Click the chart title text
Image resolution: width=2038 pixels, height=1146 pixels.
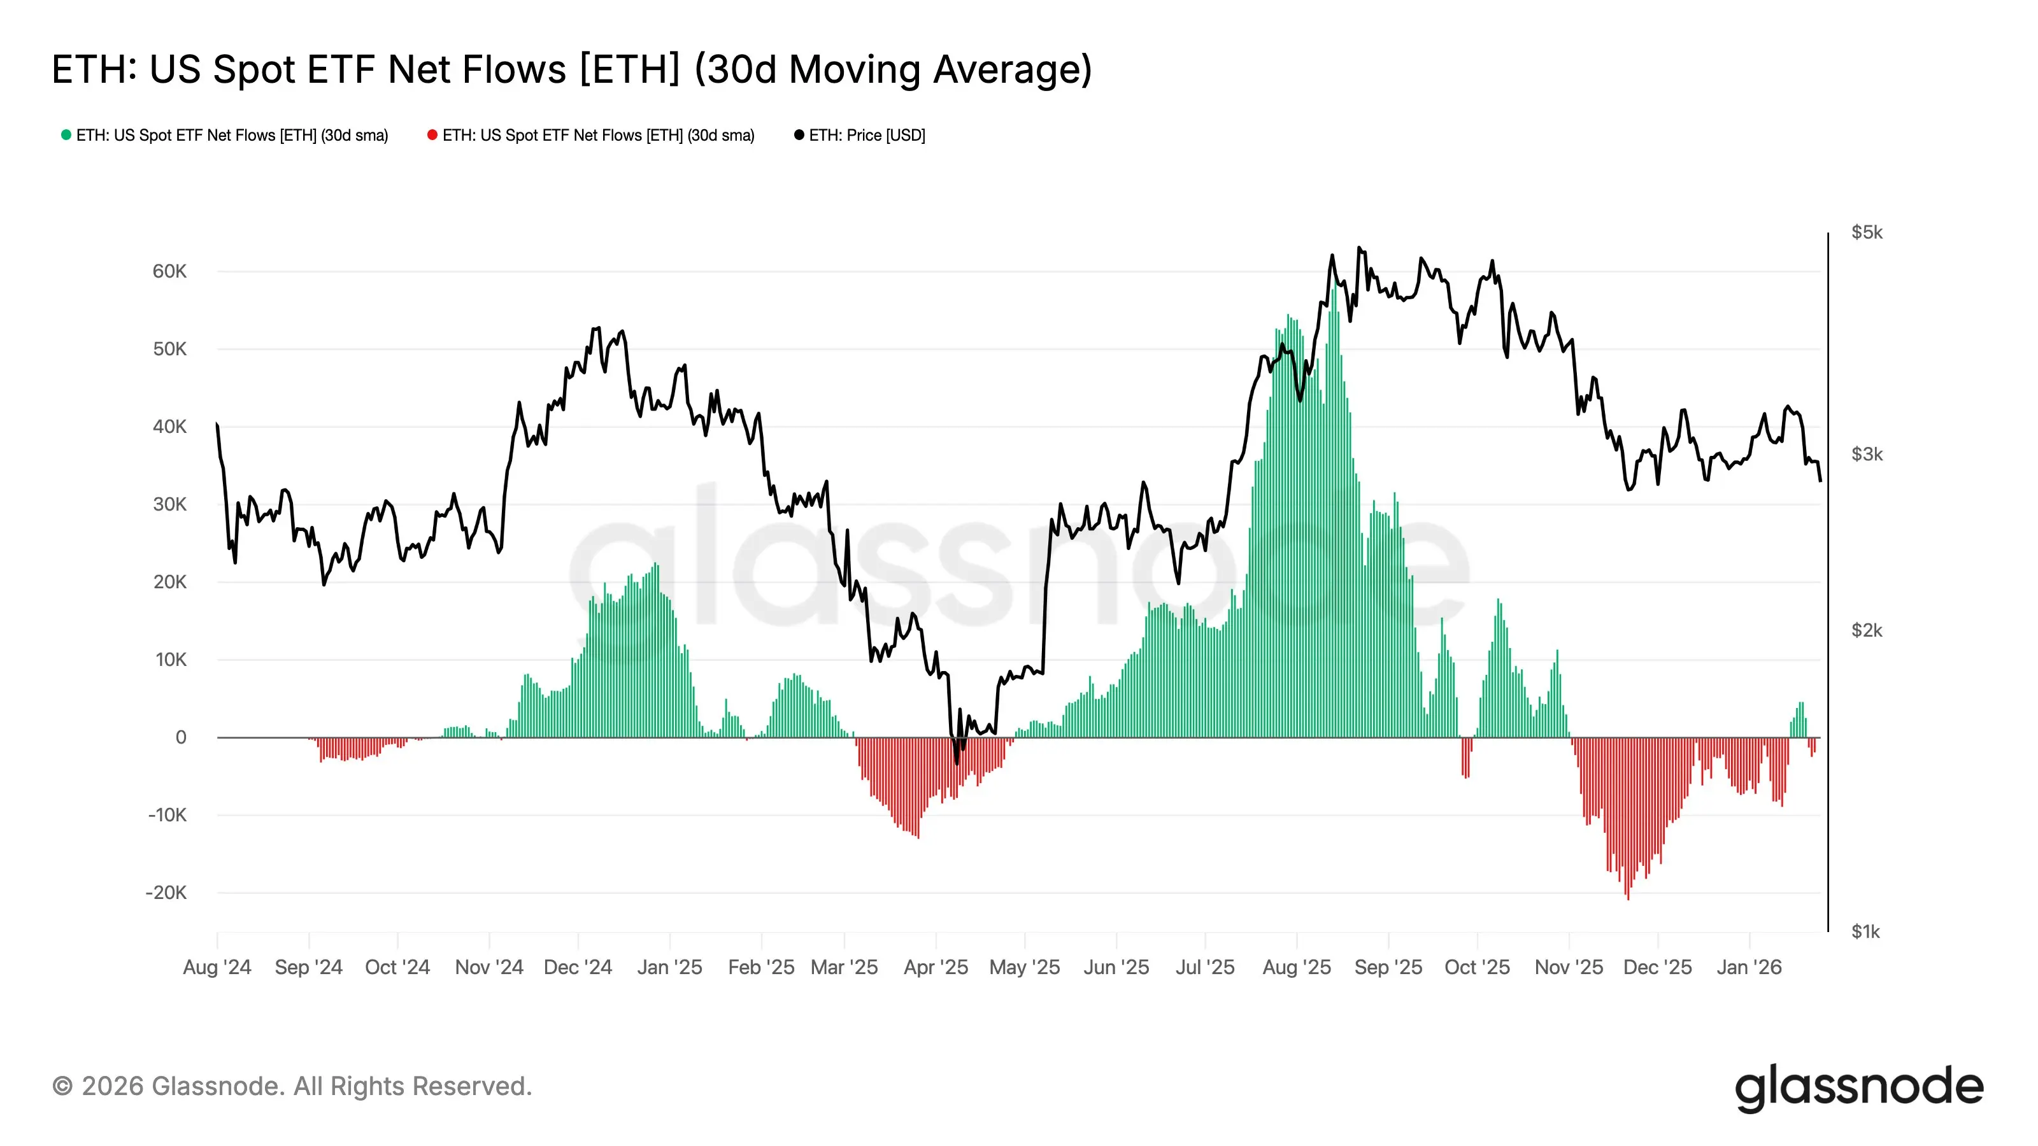571,69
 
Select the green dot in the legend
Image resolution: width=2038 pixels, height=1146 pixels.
66,135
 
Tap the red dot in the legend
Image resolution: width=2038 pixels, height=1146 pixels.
432,135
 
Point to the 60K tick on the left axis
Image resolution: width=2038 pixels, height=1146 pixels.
169,271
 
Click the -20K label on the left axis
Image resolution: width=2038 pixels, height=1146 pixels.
166,893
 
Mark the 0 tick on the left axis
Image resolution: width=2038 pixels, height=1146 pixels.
181,737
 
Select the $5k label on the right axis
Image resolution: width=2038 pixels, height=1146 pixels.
1866,232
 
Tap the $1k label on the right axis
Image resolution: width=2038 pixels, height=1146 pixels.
1865,931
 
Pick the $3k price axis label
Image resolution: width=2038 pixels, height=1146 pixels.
1866,454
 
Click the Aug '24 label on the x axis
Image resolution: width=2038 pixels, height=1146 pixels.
217,967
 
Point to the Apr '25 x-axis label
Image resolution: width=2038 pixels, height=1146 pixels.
936,967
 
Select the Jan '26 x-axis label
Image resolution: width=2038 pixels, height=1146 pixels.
1748,967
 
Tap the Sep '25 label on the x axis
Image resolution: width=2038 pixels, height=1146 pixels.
1388,967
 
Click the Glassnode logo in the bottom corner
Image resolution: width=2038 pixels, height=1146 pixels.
1858,1087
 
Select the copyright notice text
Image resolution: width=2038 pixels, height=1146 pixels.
292,1087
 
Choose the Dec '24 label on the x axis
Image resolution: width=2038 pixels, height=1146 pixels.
578,967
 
